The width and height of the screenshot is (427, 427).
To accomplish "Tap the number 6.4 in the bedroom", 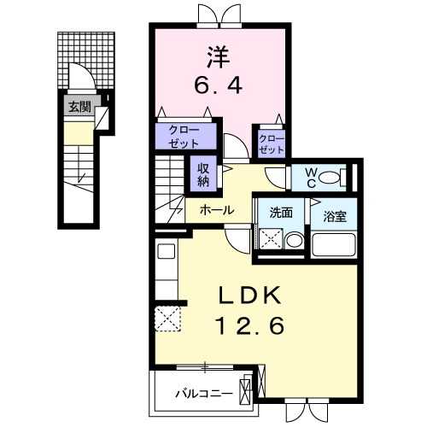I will click(x=216, y=87).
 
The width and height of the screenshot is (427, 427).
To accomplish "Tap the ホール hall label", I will click(x=218, y=209).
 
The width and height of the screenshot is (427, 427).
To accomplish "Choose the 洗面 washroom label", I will click(x=281, y=213).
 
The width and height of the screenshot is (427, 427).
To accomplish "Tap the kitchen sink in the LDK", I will click(x=166, y=254).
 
